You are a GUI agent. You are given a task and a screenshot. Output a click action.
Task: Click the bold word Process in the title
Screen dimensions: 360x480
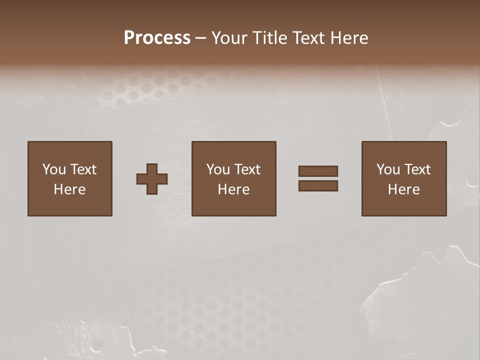(x=157, y=38)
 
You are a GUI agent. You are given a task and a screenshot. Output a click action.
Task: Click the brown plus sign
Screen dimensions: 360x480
(x=152, y=179)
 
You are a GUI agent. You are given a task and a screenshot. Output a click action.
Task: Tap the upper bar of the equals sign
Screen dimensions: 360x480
(x=318, y=171)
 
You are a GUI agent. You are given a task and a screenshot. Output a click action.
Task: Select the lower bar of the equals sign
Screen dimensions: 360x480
(x=318, y=185)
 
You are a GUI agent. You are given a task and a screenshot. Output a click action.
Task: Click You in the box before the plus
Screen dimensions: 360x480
(x=54, y=169)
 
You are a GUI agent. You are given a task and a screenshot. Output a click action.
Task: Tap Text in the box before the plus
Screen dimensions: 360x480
(x=83, y=169)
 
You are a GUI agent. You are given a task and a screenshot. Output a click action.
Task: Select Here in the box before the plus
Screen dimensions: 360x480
(x=70, y=189)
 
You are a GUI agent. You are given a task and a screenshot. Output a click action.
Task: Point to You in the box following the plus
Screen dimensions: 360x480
(x=218, y=169)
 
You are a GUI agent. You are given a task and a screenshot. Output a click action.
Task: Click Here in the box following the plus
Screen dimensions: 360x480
(x=234, y=189)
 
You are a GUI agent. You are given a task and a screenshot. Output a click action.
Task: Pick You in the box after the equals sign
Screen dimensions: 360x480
(x=388, y=169)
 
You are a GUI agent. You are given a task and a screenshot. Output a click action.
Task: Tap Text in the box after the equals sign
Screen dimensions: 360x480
(x=417, y=169)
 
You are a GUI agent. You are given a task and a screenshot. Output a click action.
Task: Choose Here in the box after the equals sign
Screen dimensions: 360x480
(x=404, y=189)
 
